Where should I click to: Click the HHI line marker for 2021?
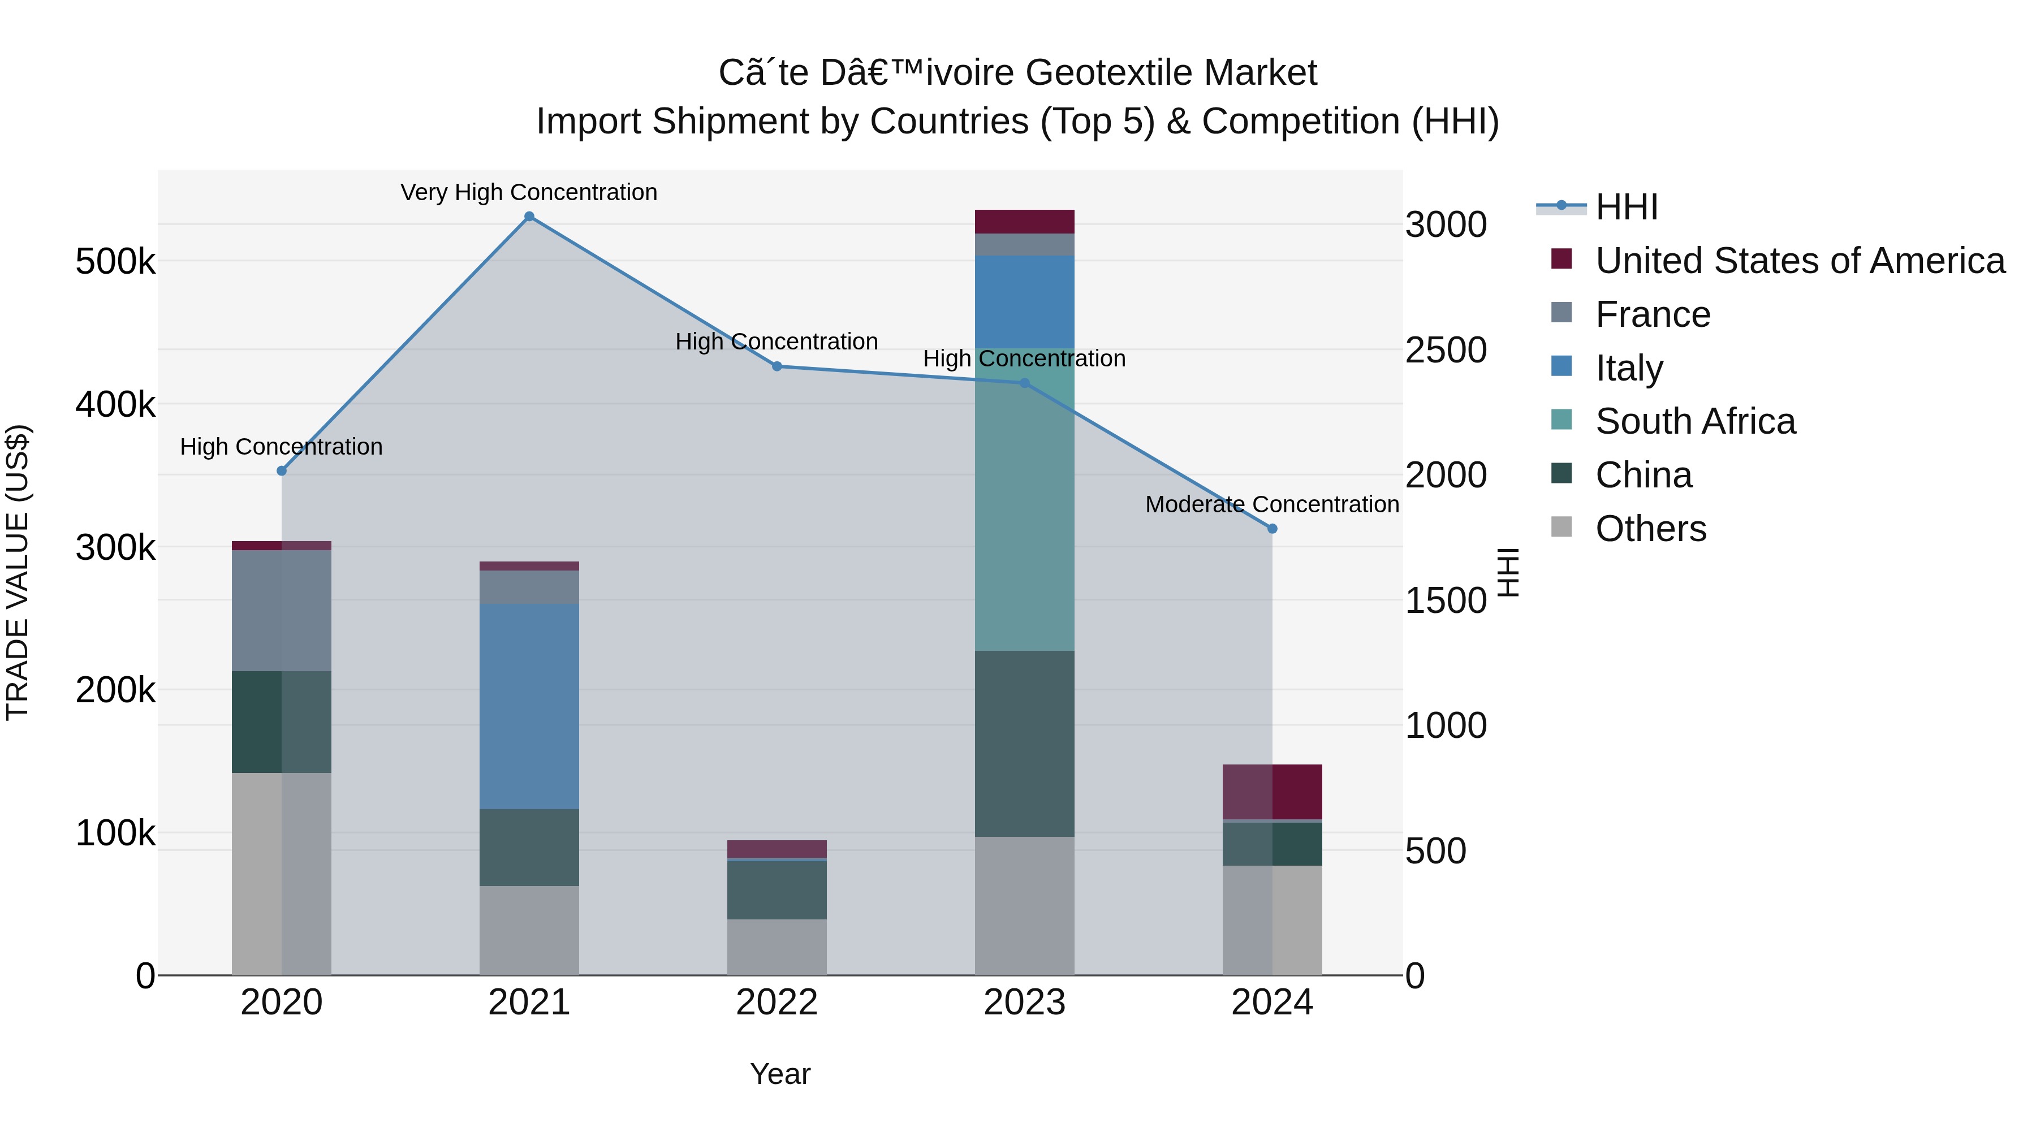(529, 217)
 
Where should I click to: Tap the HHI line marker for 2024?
(1272, 529)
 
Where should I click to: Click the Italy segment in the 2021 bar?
(529, 706)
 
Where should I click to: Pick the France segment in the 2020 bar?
(282, 610)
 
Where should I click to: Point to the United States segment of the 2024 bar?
(1272, 791)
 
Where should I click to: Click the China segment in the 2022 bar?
(776, 890)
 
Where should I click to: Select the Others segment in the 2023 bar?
(1024, 906)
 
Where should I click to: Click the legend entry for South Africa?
(1694, 421)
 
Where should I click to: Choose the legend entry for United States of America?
(1799, 261)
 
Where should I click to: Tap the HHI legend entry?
(1626, 207)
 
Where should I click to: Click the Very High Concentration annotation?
(529, 192)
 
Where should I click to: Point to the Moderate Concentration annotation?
(1272, 504)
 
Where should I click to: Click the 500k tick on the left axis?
(115, 262)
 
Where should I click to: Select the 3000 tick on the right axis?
(1446, 225)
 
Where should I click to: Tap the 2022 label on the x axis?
(776, 1003)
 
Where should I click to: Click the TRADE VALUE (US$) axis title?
(18, 572)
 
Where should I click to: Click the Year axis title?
(780, 1074)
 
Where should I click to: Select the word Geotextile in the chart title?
(1103, 73)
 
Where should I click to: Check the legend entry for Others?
(1650, 529)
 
